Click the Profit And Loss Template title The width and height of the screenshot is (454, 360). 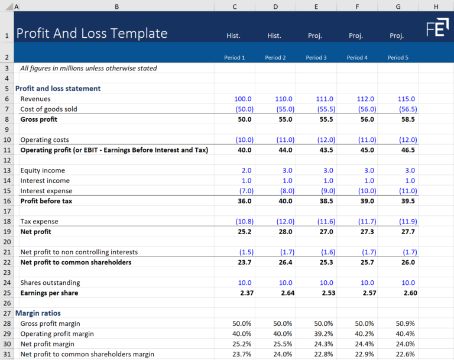pos(92,34)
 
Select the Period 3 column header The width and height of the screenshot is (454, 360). pos(316,58)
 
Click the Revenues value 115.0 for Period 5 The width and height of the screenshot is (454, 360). pos(406,99)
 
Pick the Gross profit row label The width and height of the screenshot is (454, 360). pos(38,119)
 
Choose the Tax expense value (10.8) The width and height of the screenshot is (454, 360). pos(242,222)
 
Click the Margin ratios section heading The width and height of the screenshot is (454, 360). pos(38,313)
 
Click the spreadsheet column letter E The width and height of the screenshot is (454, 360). pos(316,7)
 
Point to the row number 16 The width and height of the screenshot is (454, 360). pos(7,201)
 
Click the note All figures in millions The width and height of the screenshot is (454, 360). pos(89,69)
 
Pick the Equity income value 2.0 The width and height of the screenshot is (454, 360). pos(245,171)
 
